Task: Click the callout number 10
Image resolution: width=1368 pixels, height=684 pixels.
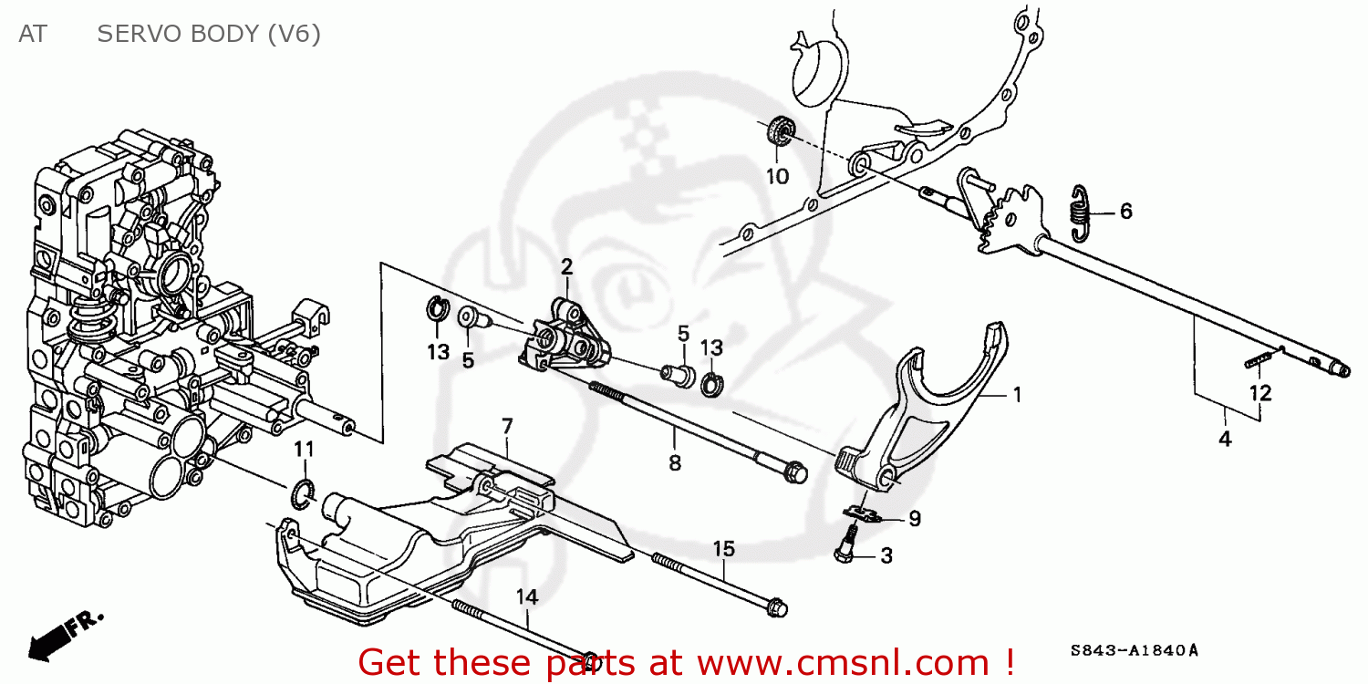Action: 776,176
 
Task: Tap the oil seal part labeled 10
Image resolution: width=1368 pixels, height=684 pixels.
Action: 781,131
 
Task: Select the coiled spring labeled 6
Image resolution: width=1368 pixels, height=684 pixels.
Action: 1080,214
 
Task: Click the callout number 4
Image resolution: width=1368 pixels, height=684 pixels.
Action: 1225,439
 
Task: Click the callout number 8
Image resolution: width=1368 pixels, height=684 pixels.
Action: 674,463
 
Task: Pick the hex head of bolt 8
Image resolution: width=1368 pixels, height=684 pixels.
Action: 795,472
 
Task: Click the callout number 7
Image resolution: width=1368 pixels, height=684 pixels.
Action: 507,426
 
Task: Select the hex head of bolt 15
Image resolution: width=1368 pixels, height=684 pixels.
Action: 776,606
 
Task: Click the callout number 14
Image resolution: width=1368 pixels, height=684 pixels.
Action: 527,597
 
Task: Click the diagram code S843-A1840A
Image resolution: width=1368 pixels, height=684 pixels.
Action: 1134,651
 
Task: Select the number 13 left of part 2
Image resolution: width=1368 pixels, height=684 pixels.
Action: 439,352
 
